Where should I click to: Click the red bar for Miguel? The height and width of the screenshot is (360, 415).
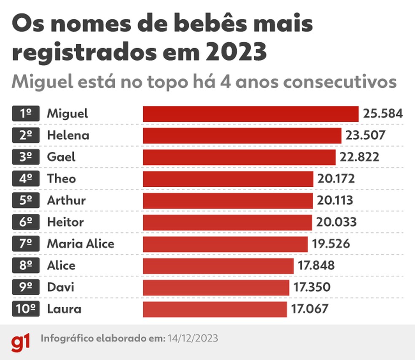(x=251, y=114)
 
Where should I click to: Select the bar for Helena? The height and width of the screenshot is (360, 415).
(x=242, y=136)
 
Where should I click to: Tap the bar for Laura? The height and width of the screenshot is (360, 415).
(x=215, y=309)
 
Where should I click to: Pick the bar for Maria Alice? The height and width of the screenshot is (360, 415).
(x=225, y=244)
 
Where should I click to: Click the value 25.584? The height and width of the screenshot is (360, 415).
(x=383, y=114)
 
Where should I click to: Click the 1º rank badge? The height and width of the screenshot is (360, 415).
(x=26, y=114)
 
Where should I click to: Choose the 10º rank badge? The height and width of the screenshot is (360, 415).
(x=26, y=309)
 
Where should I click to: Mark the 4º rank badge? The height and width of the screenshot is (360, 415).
(x=26, y=179)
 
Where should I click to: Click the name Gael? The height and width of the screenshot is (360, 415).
(x=61, y=157)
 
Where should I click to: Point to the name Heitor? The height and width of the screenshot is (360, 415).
(x=65, y=222)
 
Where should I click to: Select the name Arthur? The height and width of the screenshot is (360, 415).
(x=66, y=201)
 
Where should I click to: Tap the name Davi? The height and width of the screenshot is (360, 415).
(x=61, y=287)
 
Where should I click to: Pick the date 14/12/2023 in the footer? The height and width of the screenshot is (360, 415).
(x=193, y=339)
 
